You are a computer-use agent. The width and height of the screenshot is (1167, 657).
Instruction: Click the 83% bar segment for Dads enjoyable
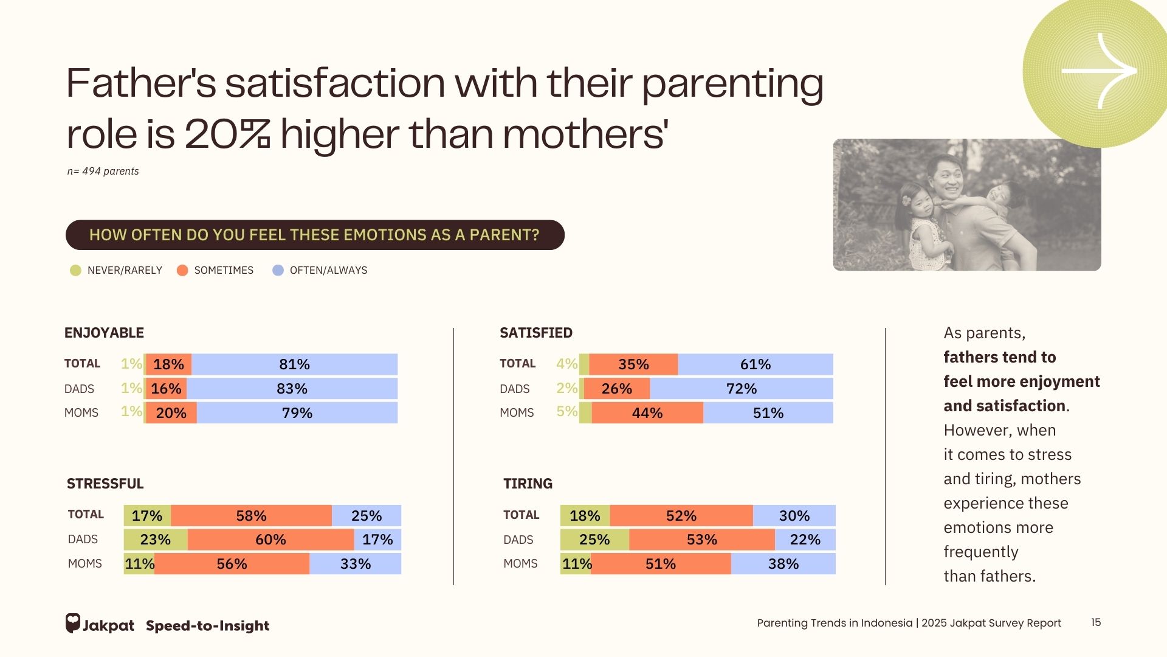click(x=292, y=389)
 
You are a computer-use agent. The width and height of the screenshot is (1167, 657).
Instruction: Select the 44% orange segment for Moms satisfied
click(x=647, y=413)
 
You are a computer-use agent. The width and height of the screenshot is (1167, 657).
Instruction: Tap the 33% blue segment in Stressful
click(x=355, y=564)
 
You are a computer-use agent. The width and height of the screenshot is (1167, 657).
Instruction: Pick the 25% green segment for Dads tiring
click(x=594, y=540)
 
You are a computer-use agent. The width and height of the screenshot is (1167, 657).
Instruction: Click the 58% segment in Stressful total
click(x=251, y=516)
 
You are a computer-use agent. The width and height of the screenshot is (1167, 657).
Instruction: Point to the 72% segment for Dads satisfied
click(x=742, y=389)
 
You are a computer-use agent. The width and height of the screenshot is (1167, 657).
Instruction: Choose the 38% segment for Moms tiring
click(x=783, y=564)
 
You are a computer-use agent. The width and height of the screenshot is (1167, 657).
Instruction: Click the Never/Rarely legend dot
click(x=75, y=271)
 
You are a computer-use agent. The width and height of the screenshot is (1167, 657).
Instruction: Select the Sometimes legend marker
click(x=182, y=271)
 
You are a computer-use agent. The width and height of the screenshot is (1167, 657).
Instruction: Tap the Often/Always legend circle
click(x=278, y=271)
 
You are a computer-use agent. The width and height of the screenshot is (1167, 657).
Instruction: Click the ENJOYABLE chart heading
click(x=104, y=333)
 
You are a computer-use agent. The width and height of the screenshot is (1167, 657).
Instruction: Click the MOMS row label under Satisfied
click(x=517, y=412)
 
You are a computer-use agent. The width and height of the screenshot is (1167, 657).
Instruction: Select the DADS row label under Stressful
click(x=83, y=540)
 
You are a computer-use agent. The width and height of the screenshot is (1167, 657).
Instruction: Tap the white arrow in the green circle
click(x=1099, y=71)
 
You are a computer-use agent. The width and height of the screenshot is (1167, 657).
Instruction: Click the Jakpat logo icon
click(x=73, y=623)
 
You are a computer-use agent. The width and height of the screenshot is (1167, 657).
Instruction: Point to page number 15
click(x=1096, y=622)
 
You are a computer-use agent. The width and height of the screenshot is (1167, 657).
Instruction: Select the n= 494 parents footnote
click(x=103, y=172)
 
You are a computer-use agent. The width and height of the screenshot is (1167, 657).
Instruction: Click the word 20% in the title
click(x=227, y=134)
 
